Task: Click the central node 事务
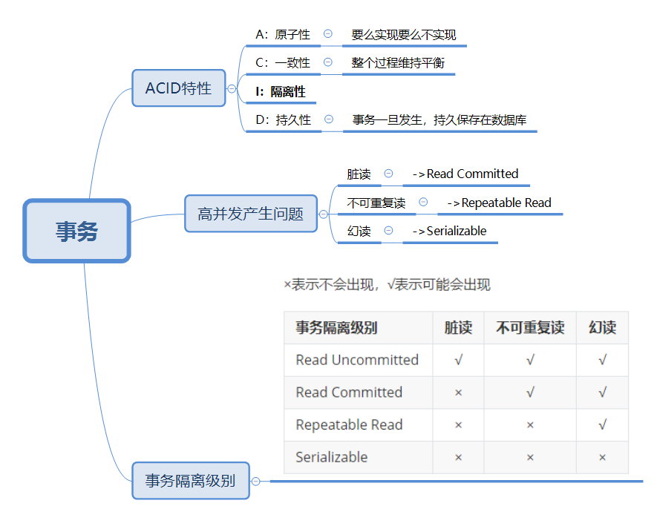click(x=76, y=231)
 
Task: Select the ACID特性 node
click(x=178, y=88)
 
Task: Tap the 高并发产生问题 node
click(x=250, y=214)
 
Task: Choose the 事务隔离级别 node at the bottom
click(x=190, y=480)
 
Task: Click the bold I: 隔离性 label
click(x=280, y=92)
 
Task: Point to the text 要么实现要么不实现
click(x=404, y=35)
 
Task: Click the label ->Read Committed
click(x=465, y=174)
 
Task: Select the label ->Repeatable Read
click(x=500, y=203)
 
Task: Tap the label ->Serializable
click(x=450, y=231)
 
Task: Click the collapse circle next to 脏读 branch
click(x=388, y=174)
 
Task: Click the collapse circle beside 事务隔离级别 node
click(x=256, y=481)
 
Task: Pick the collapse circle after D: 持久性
click(x=329, y=119)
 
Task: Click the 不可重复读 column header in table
click(x=530, y=327)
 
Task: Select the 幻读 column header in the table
click(x=602, y=327)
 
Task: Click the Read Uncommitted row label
click(x=357, y=360)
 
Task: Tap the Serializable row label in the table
click(x=332, y=457)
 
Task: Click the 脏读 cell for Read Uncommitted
click(x=458, y=360)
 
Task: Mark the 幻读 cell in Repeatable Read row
click(x=602, y=425)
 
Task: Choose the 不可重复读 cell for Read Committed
click(x=530, y=393)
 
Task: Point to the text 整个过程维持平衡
click(x=398, y=63)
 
